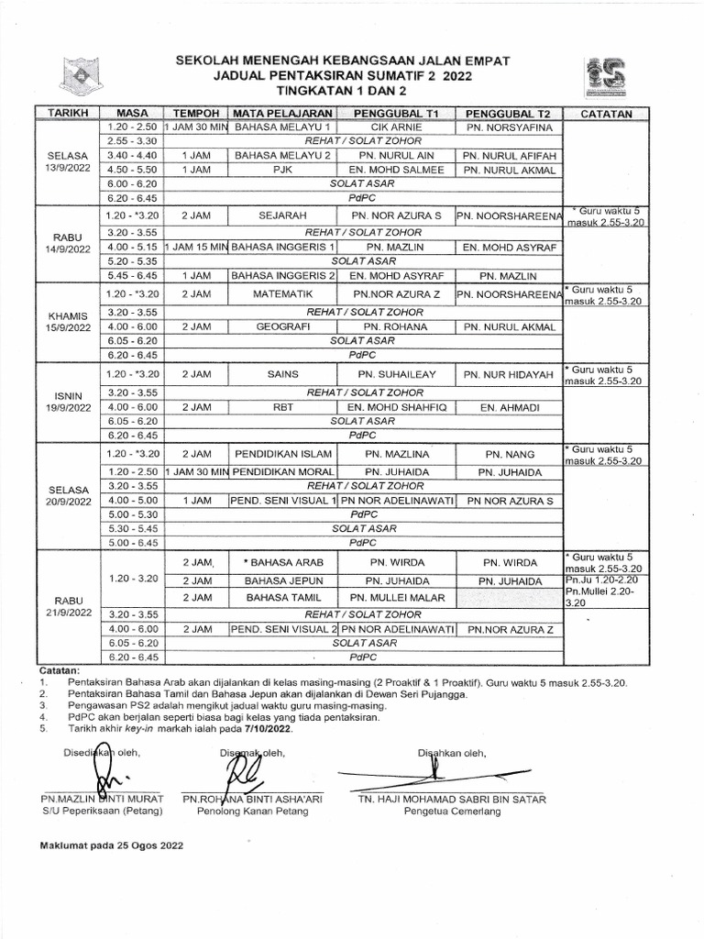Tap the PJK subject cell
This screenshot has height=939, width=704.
283,170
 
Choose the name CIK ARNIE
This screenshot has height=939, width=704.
397,127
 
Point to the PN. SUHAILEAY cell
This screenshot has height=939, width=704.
397,374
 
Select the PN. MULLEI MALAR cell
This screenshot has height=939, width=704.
397,597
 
